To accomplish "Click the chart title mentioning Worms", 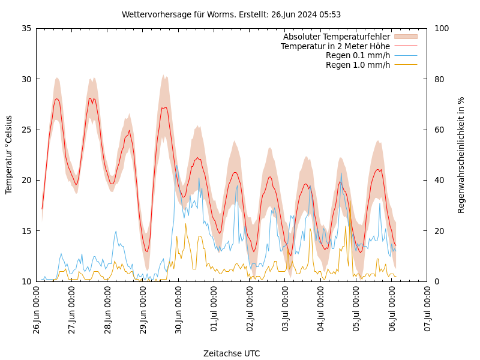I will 231,14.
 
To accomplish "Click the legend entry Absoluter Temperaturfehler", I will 337,37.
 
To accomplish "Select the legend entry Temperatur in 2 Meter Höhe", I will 335,46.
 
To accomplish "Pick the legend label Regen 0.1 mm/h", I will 358,55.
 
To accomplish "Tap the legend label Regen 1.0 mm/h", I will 358,64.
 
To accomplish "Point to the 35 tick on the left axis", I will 26,28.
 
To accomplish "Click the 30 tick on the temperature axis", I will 26,79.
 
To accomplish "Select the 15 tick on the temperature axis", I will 26,230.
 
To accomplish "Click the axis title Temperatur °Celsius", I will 9,154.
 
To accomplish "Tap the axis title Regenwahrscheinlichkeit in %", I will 461,154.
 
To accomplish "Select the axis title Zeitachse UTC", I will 232,353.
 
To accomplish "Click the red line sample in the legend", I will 406,46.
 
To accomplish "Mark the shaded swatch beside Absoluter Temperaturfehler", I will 406,37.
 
